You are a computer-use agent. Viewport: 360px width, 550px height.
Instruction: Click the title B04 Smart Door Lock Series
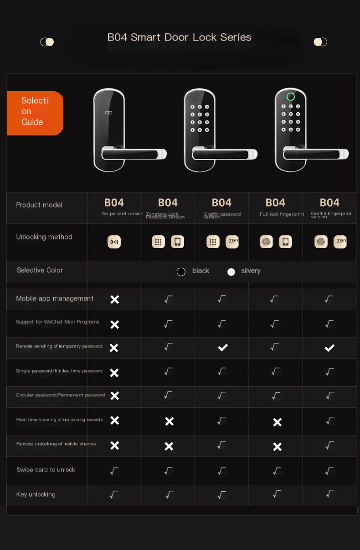(x=179, y=37)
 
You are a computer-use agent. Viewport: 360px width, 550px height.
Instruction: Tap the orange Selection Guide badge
(x=35, y=113)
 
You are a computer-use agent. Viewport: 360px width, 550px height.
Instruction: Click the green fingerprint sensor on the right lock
(x=290, y=97)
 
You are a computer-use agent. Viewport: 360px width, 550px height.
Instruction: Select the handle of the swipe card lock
(x=134, y=154)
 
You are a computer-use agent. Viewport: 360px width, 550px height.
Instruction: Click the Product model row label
(x=39, y=205)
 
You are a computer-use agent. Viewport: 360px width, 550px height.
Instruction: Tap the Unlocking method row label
(x=44, y=237)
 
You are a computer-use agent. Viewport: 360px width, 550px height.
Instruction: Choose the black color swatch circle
(x=181, y=272)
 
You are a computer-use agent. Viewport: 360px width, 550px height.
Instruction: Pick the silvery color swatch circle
(x=231, y=272)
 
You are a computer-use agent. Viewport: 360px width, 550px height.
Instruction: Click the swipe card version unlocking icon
(x=114, y=242)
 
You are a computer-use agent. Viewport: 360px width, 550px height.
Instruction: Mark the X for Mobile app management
(x=115, y=299)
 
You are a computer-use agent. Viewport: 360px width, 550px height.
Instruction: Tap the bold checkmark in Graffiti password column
(x=222, y=348)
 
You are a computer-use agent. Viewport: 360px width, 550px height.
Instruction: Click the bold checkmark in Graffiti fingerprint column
(x=329, y=348)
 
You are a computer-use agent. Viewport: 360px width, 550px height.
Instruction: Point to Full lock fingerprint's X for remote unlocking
(x=277, y=446)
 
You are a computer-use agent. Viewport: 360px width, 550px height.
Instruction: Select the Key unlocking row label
(x=36, y=494)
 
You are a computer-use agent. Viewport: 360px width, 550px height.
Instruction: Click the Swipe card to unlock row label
(x=46, y=470)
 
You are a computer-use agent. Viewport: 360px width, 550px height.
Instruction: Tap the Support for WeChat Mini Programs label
(x=57, y=322)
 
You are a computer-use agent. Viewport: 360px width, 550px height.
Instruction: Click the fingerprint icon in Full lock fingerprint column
(x=266, y=242)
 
